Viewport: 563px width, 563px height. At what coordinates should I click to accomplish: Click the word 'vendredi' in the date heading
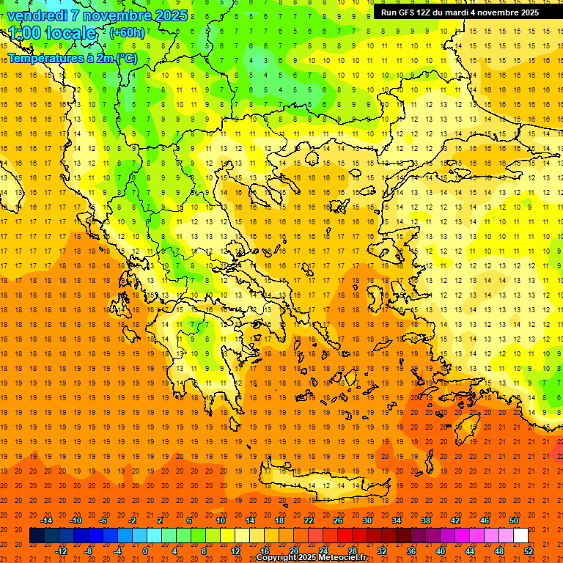(x=37, y=15)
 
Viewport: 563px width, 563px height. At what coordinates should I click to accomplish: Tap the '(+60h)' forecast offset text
(x=127, y=32)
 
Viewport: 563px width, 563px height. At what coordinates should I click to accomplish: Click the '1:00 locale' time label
(x=52, y=33)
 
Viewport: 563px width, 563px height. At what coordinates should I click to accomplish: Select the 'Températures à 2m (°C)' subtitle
(x=72, y=58)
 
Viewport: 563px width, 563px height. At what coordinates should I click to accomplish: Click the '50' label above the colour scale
(x=513, y=520)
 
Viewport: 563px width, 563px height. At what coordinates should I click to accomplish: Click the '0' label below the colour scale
(x=145, y=551)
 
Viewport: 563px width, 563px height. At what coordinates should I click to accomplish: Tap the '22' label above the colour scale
(x=309, y=520)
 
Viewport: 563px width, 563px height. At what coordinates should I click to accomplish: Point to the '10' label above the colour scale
(x=221, y=520)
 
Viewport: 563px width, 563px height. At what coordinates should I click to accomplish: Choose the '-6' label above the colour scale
(x=104, y=520)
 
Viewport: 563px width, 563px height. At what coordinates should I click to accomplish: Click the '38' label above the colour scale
(x=426, y=520)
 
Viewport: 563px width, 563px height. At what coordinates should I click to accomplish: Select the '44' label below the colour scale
(x=470, y=551)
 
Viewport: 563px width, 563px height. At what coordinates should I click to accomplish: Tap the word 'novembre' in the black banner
(x=500, y=12)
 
